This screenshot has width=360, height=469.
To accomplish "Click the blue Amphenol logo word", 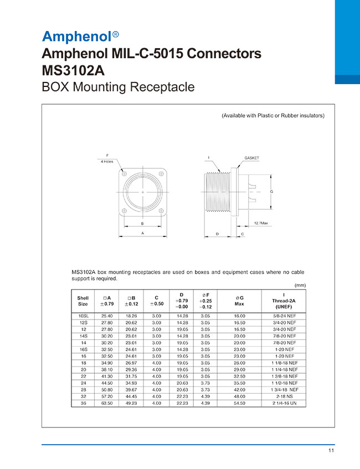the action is coord(77,37).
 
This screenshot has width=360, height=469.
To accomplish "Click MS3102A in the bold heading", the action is coord(73,70).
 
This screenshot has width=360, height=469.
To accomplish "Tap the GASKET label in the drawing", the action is coord(251,158).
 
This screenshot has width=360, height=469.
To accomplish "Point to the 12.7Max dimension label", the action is coord(261,223).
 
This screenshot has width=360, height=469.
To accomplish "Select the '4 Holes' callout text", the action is coord(107,162).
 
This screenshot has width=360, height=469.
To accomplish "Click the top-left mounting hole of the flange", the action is coord(125,174).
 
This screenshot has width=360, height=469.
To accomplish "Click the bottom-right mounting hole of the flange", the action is coord(161,211).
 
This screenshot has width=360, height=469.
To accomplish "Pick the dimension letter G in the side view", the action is coord(271,192).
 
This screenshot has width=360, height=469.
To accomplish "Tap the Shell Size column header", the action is coord(83,301).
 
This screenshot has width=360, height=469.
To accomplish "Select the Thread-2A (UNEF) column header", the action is coord(284,301).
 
